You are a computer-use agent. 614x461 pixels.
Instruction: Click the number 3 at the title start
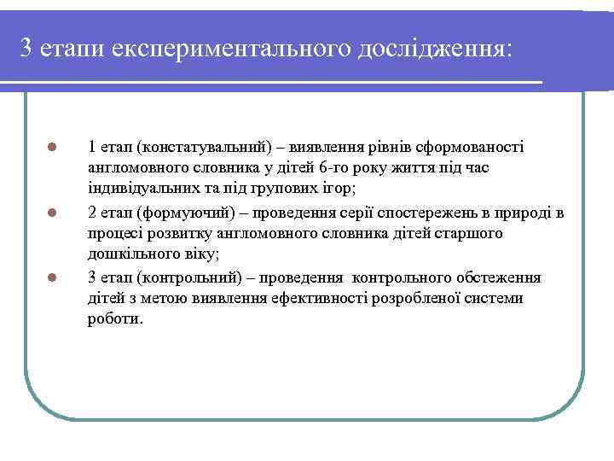point(26,48)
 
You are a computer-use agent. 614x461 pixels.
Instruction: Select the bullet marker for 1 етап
point(52,146)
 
